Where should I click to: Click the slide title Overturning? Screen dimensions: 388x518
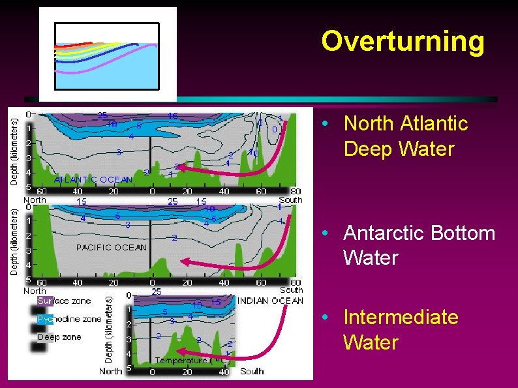tap(403, 41)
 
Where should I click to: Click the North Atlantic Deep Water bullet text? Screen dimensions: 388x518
tap(405, 136)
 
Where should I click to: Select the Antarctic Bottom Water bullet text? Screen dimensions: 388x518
tap(419, 245)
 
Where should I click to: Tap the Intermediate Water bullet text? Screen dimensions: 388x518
tap(401, 330)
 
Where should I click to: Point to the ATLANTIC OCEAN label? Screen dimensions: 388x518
tap(93, 179)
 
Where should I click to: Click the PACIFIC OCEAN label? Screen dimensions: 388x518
tap(111, 247)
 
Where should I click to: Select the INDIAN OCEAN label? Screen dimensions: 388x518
tap(270, 301)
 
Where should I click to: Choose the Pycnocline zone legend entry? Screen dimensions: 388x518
tap(69, 319)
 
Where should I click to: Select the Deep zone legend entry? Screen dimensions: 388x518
tap(59, 336)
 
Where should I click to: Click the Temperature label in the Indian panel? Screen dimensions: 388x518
tap(180, 360)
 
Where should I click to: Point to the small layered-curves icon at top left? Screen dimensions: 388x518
tap(107, 55)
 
